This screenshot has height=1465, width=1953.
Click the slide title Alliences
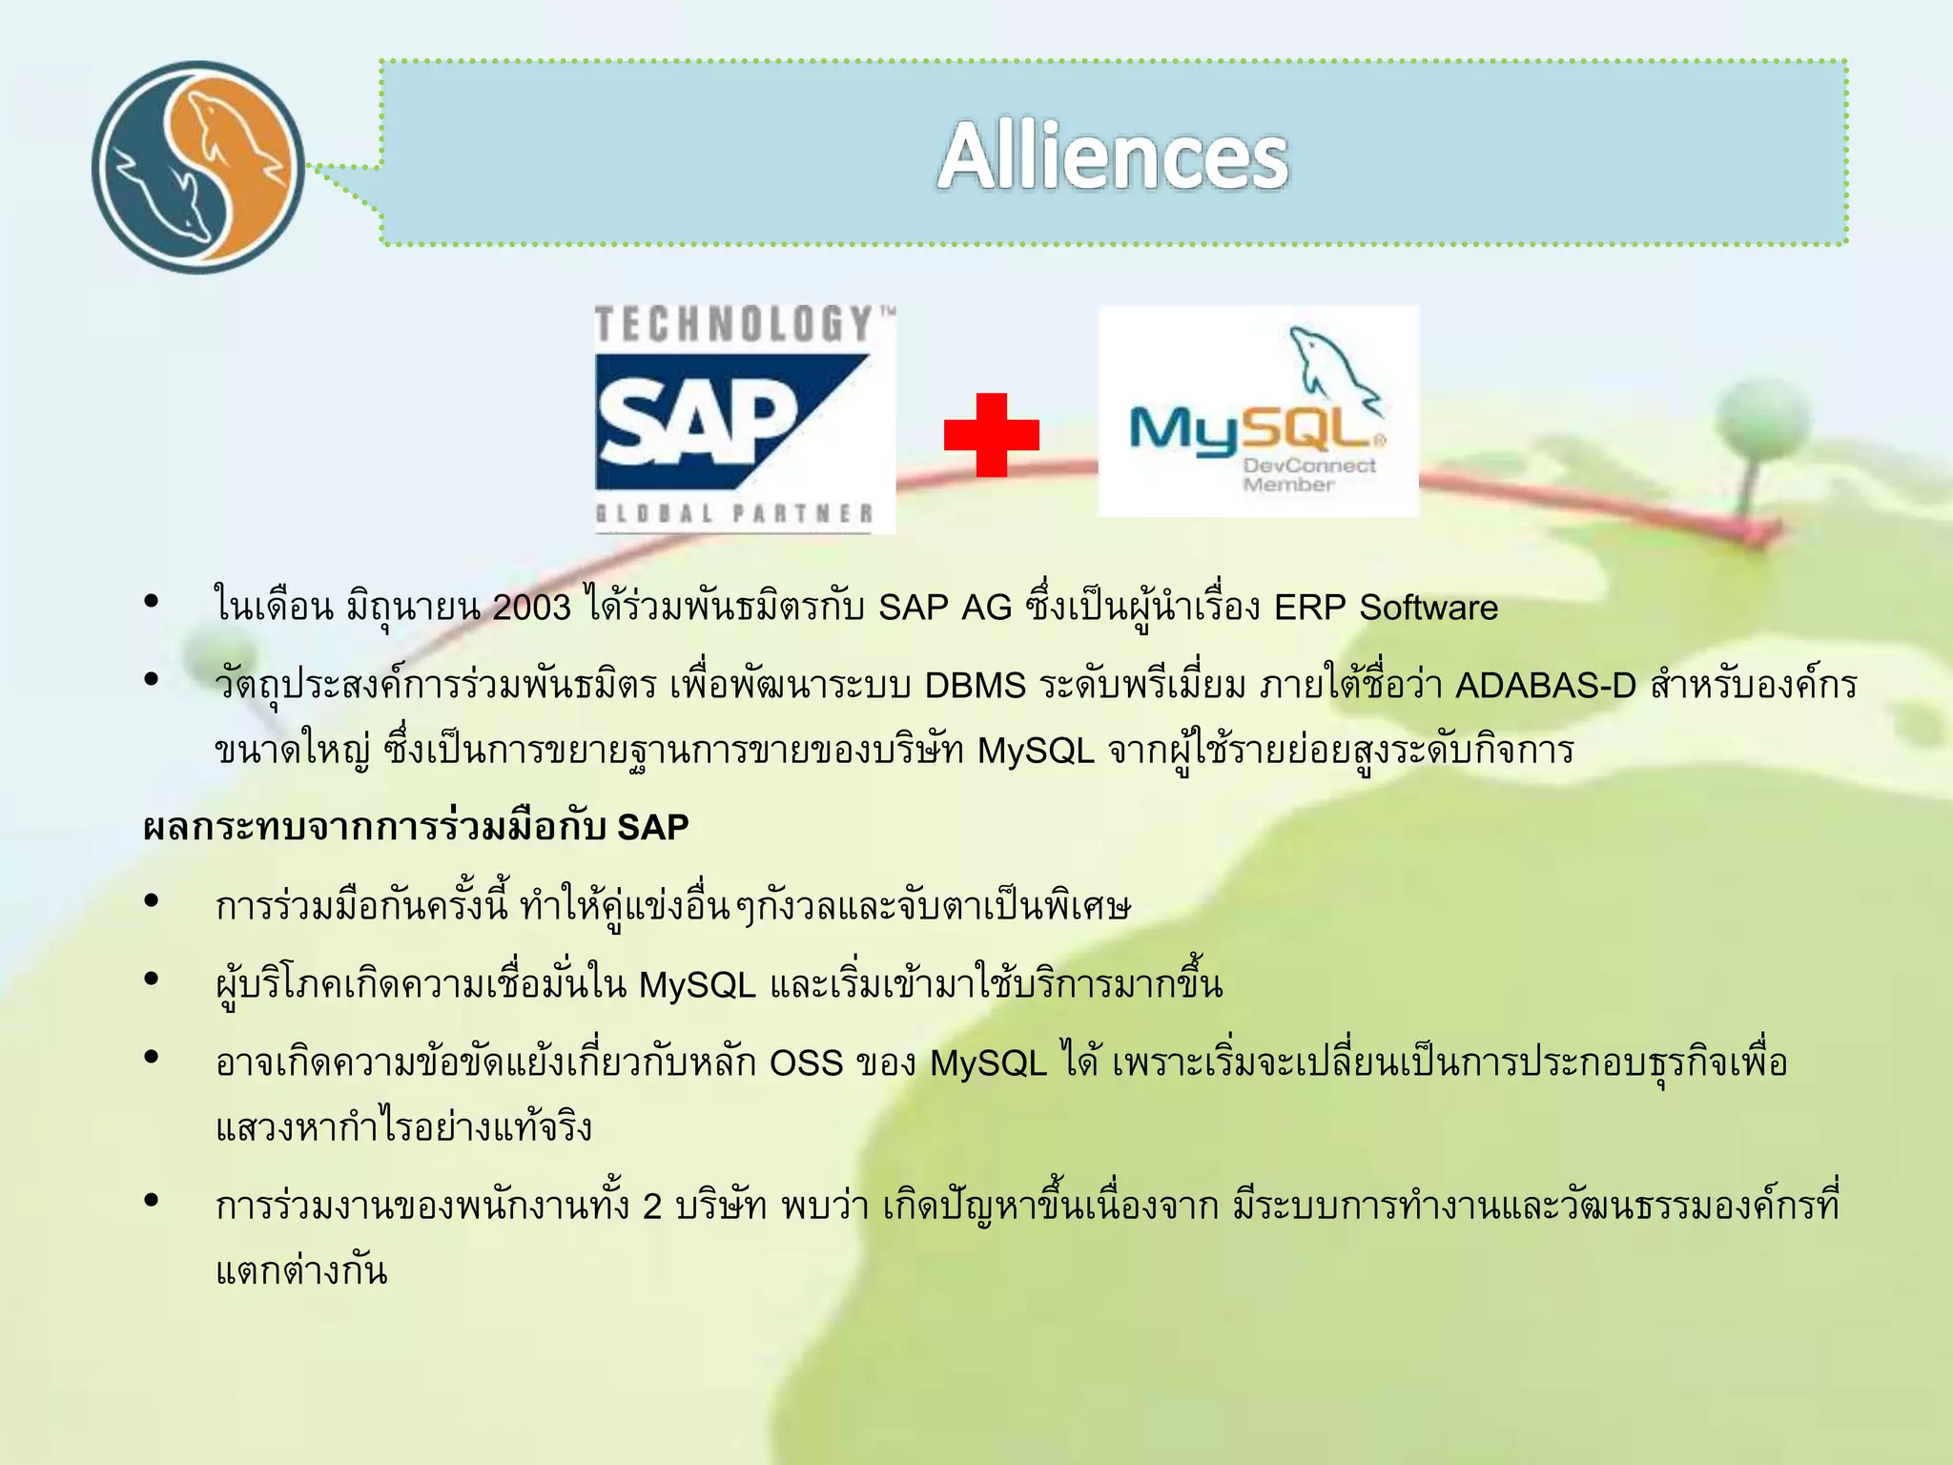point(1112,156)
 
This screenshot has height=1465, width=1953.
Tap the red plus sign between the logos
point(991,435)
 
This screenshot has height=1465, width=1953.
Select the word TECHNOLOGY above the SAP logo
point(734,324)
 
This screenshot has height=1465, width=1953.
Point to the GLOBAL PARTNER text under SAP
point(734,514)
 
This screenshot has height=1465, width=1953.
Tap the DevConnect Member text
point(1308,475)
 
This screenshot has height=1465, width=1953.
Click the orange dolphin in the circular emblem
point(234,143)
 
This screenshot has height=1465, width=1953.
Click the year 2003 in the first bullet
point(531,608)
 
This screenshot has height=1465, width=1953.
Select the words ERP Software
point(1386,608)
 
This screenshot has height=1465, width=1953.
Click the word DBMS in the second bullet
point(975,686)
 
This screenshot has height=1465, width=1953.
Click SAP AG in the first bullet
point(944,608)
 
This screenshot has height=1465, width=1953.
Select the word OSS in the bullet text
point(806,1063)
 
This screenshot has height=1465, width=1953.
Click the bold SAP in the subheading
point(652,827)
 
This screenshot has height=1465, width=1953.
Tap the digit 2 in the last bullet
point(652,1207)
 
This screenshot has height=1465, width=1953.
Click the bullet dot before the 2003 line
point(151,601)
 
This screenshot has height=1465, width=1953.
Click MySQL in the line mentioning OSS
point(988,1063)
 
